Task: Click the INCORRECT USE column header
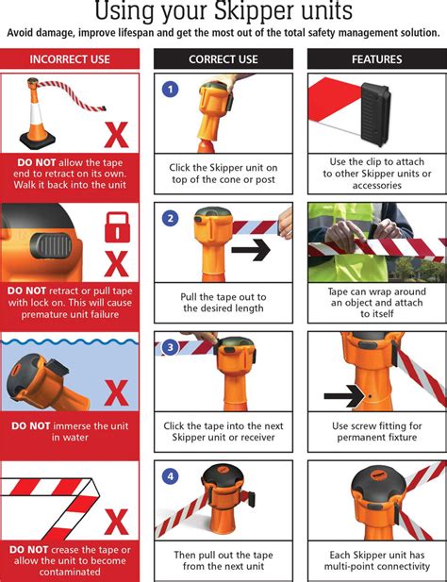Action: (x=70, y=58)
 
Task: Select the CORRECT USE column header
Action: (x=223, y=58)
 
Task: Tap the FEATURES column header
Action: (x=377, y=58)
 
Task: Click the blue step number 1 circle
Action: (x=171, y=90)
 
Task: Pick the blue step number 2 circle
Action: (x=171, y=219)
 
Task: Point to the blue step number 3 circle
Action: (x=171, y=347)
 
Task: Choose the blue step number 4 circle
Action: (x=171, y=476)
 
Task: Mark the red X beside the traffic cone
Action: (x=115, y=135)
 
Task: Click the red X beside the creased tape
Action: (x=116, y=520)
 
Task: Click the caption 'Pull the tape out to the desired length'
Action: (x=223, y=302)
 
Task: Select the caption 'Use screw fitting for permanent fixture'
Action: (x=377, y=432)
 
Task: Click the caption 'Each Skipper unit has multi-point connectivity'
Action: (x=377, y=561)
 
